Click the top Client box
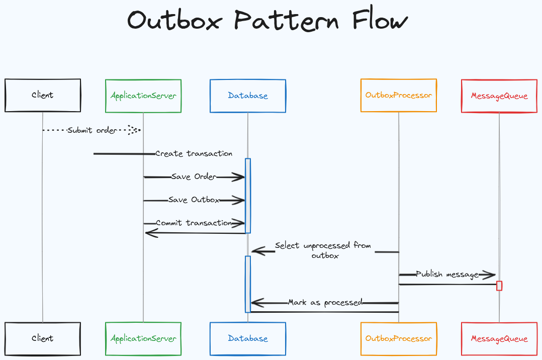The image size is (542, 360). pos(43,95)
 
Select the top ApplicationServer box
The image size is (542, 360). pos(143,96)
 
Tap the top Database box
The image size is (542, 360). pos(248,96)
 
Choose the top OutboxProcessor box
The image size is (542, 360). pos(399,95)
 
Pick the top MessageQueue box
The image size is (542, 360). pos(499,96)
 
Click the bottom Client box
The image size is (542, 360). pos(43,338)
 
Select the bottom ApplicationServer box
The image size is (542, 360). pos(143,338)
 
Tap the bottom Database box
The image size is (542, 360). pos(248,338)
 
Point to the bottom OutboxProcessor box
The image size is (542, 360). pos(399,338)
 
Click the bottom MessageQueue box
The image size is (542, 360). pos(499,338)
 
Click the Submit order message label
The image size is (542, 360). pos(93,130)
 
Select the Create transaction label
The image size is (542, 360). pos(194,153)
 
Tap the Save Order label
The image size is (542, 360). pos(194,176)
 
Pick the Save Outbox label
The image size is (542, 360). pos(194,200)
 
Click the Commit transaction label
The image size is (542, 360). pos(194,223)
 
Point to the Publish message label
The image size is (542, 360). pos(447,274)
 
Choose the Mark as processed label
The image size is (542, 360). pos(325,302)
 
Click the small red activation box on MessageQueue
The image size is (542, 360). pos(499,286)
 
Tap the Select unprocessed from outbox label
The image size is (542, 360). pos(323,250)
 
